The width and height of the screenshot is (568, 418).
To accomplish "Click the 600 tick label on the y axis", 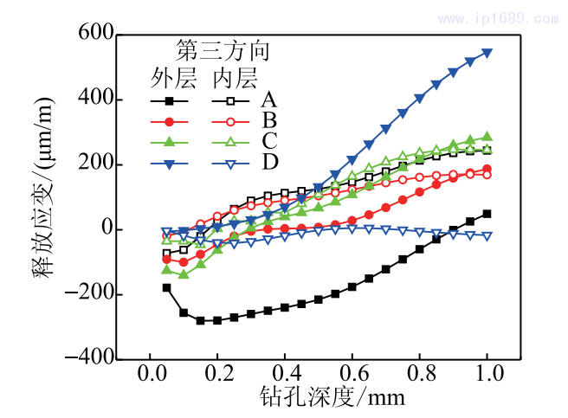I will [89, 35].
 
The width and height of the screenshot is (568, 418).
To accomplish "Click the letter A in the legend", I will [269, 100].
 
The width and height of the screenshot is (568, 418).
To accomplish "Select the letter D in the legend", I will [269, 162].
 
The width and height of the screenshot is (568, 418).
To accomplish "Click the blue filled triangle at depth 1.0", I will [487, 52].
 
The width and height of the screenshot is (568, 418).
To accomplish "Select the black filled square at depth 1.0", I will [487, 214].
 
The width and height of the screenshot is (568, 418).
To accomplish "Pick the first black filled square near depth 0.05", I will [166, 287].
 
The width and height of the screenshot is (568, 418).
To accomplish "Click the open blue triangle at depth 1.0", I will [487, 235].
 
